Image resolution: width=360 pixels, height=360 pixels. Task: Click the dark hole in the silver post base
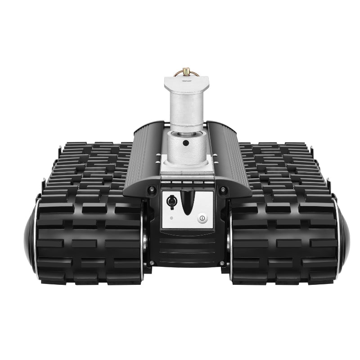tap(186, 144)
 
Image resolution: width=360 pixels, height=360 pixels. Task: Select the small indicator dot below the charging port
tap(171, 218)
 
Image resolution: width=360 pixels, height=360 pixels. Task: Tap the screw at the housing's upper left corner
tap(151, 189)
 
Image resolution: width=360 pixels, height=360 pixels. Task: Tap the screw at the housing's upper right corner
tap(222, 190)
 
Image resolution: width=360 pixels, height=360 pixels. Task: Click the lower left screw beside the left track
tap(152, 263)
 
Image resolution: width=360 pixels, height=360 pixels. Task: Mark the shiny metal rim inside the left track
tap(143, 238)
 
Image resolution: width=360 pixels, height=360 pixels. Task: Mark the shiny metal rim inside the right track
tap(229, 238)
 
